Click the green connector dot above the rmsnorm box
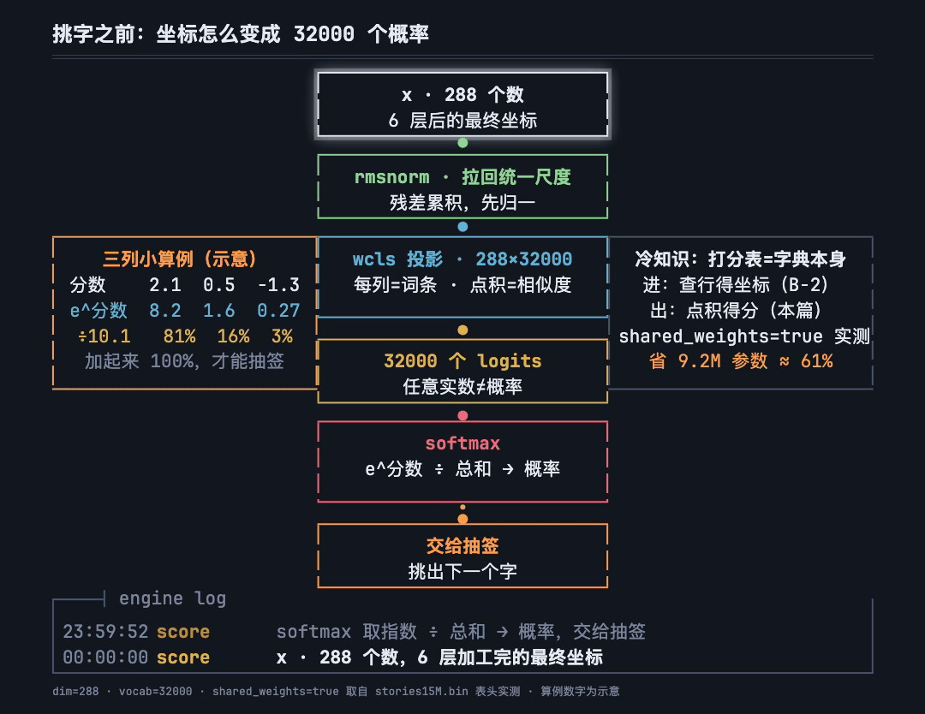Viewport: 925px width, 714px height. (462, 143)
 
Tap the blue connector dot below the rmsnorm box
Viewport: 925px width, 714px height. (462, 227)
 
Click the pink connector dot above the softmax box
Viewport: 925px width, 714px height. (462, 416)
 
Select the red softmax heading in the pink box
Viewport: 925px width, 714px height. (462, 443)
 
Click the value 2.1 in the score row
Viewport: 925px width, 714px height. (164, 285)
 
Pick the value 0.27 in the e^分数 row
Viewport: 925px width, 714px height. (278, 310)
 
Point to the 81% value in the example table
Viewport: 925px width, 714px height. (179, 336)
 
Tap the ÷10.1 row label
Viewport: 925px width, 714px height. (104, 336)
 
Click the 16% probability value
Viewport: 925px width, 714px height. (233, 336)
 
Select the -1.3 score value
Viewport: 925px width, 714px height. (278, 285)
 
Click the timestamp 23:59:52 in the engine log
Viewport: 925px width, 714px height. (105, 632)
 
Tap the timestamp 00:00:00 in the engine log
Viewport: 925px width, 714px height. (105, 657)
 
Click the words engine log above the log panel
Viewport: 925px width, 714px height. (172, 598)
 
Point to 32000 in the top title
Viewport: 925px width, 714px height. (324, 34)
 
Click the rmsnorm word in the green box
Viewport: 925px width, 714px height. (391, 177)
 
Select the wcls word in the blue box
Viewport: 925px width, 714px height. (374, 259)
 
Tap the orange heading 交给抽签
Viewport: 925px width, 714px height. (462, 545)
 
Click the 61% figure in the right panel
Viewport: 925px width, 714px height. (816, 360)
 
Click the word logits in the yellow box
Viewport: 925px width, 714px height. (509, 360)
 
